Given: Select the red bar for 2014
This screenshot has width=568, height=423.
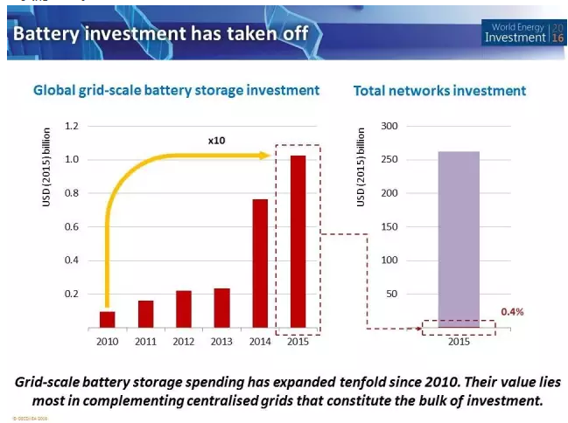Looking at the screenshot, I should (260, 263).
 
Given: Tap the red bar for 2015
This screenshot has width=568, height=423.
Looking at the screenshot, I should (298, 241).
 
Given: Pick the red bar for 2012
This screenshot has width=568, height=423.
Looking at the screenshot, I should (184, 309).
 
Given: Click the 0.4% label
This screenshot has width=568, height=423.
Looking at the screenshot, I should (512, 312).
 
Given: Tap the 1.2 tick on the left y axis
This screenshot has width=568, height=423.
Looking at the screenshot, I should (71, 127).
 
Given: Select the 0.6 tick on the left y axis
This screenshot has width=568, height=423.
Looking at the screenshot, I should (71, 227).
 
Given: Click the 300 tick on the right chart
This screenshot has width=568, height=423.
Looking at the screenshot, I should (387, 127).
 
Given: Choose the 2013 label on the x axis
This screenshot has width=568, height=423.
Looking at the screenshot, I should (221, 342).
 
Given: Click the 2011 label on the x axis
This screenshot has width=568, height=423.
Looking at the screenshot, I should (145, 342).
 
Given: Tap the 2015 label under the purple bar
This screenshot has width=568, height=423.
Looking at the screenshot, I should (459, 342).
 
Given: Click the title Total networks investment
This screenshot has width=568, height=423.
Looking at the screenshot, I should (439, 91).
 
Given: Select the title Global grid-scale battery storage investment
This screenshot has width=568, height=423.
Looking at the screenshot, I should (176, 91).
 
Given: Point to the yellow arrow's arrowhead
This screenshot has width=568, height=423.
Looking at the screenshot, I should (262, 155).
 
